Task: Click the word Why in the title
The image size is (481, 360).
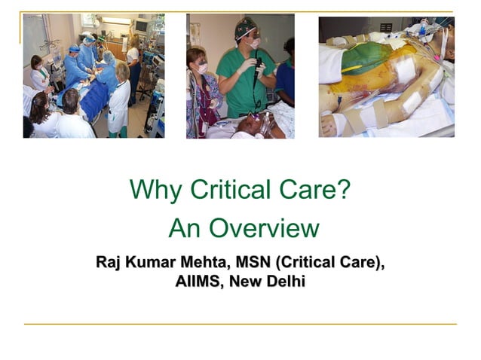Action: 155,190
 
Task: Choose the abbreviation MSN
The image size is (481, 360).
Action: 253,263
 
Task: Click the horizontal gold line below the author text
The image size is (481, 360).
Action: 240,324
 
